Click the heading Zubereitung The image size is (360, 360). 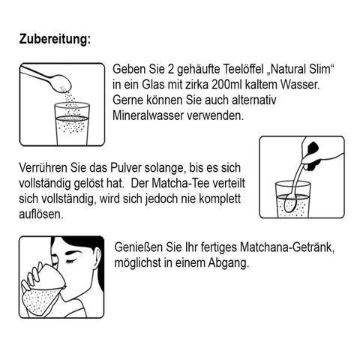55,39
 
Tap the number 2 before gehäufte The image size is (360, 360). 170,69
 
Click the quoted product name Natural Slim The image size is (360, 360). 301,69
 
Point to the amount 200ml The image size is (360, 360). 226,85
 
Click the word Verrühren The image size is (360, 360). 43,168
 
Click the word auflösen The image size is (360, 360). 41,214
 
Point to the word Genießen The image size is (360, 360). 138,247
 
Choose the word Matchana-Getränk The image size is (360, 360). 287,247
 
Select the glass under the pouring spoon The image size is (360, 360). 72,124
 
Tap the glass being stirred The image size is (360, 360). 293,199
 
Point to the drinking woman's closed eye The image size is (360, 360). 70,262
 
